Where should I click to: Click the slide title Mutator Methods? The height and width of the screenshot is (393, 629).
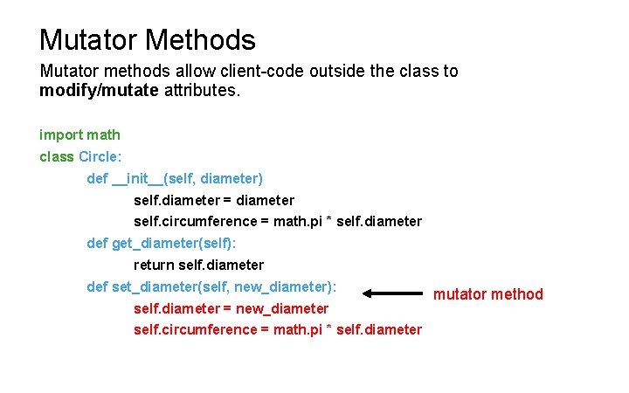(147, 39)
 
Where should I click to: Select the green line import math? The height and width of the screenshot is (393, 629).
(79, 134)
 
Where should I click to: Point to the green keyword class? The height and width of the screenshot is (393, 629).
(57, 156)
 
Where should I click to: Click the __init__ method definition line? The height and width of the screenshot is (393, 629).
(175, 178)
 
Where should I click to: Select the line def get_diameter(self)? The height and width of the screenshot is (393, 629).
(162, 243)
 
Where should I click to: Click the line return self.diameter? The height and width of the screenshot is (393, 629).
(198, 265)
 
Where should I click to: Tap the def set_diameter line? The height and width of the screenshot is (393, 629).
(211, 286)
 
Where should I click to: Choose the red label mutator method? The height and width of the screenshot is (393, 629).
(488, 294)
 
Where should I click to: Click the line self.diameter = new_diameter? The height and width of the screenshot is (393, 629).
(231, 308)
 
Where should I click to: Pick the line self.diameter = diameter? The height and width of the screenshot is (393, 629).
(214, 200)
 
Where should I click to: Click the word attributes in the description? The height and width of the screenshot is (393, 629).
(201, 90)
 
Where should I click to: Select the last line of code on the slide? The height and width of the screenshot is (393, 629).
(277, 329)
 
